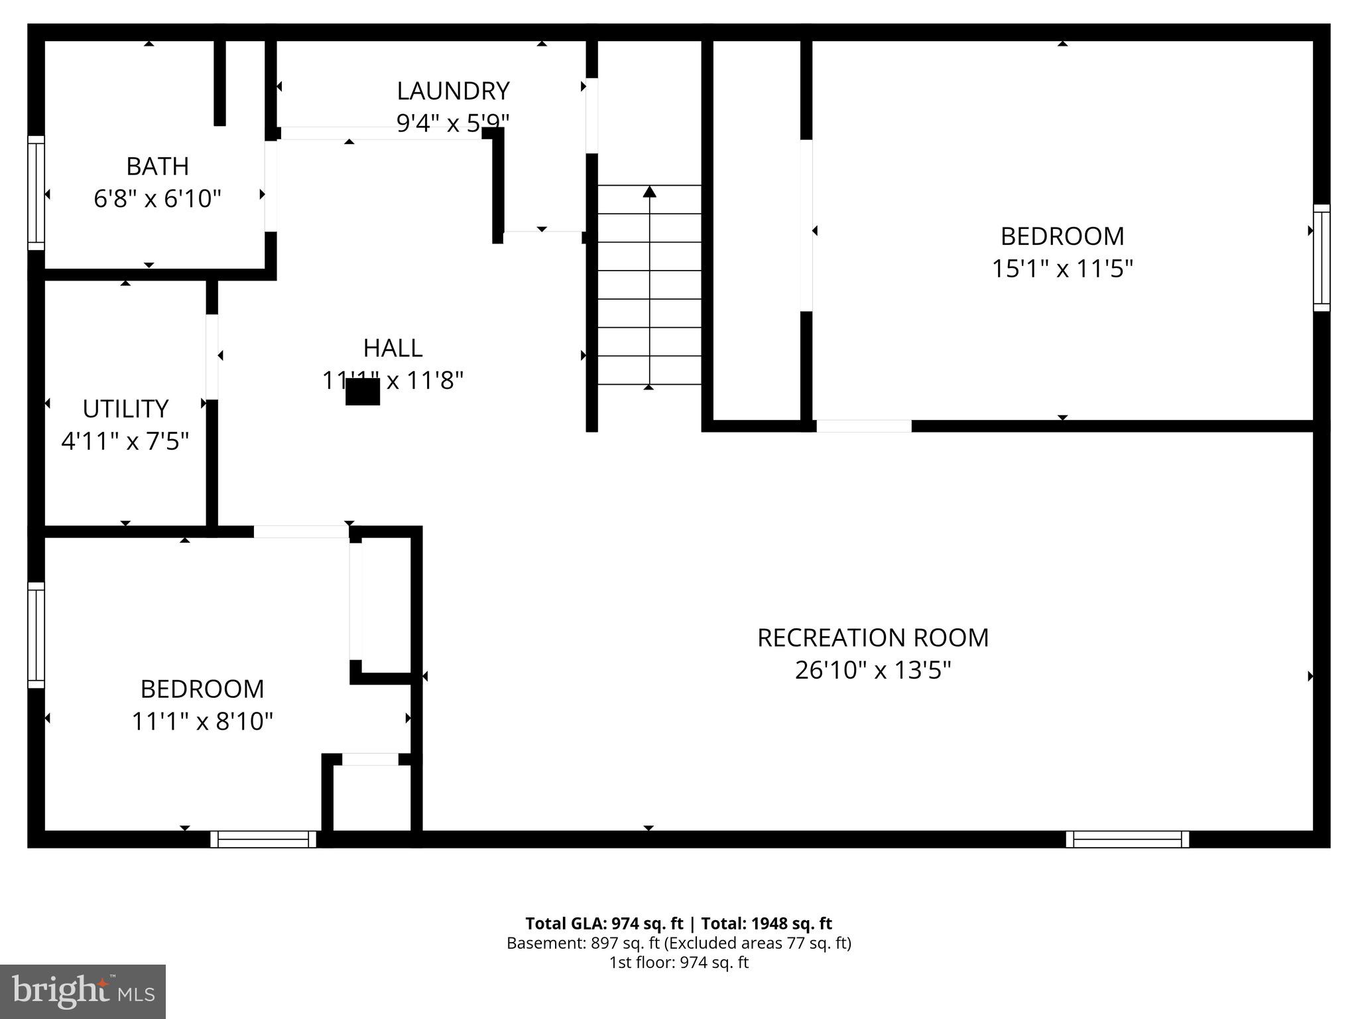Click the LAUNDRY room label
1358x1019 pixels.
(x=453, y=91)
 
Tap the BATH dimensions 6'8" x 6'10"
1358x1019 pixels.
(x=157, y=198)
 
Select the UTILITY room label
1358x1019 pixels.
(x=125, y=409)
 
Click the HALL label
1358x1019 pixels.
(x=393, y=348)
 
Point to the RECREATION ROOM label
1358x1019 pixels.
(x=873, y=638)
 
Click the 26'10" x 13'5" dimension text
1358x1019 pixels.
(x=873, y=670)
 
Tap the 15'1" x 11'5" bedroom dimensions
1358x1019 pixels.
(x=1062, y=269)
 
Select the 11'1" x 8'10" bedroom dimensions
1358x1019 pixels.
(x=202, y=721)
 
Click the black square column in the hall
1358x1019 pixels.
(x=363, y=391)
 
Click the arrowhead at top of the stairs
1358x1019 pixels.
(x=650, y=192)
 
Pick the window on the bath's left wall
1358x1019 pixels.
(x=36, y=193)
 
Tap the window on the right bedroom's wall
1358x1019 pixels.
(x=1322, y=257)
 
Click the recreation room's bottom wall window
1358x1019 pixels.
(x=1127, y=839)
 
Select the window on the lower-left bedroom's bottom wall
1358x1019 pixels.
(x=263, y=839)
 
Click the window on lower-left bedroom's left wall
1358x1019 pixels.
(x=36, y=635)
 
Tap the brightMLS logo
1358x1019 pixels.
(x=83, y=991)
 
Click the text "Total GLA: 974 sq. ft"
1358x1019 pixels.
(x=603, y=923)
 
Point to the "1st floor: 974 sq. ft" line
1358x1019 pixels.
(x=678, y=963)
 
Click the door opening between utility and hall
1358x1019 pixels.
(x=212, y=357)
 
